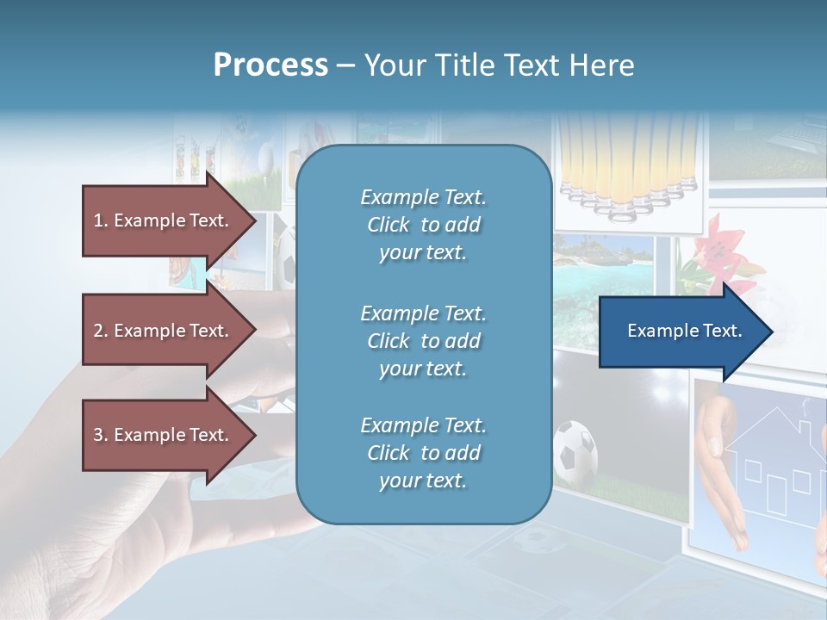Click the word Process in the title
pyautogui.click(x=270, y=65)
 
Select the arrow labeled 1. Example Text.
pyautogui.click(x=164, y=220)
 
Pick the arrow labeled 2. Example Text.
pyautogui.click(x=164, y=331)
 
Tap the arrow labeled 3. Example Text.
pyautogui.click(x=164, y=435)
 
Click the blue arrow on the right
pyautogui.click(x=681, y=331)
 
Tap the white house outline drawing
pyautogui.click(x=771, y=469)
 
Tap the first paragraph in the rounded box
pyautogui.click(x=423, y=225)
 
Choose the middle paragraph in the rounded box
pyautogui.click(x=423, y=341)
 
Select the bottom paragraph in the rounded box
pyautogui.click(x=423, y=453)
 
